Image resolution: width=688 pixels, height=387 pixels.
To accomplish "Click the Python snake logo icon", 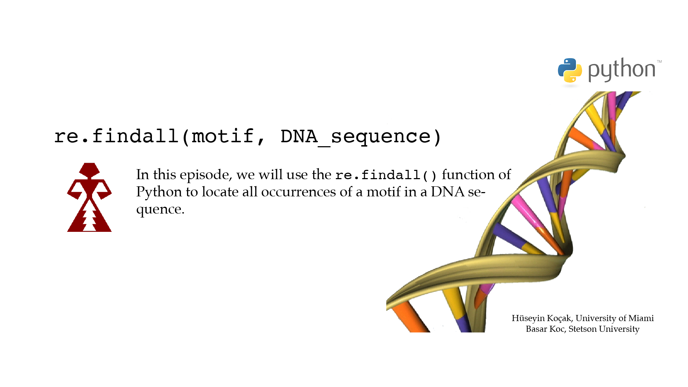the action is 570,70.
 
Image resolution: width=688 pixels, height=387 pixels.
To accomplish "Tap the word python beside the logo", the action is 622,70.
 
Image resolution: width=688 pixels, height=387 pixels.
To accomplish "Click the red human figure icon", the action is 89,197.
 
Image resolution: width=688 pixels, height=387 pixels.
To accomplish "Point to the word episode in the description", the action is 204,175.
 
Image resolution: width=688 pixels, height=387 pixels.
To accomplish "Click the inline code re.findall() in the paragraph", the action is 386,175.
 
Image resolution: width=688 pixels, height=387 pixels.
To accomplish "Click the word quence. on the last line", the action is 160,210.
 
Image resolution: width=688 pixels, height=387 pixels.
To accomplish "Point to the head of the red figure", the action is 89,170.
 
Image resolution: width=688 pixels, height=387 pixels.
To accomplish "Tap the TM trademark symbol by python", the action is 659,62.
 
